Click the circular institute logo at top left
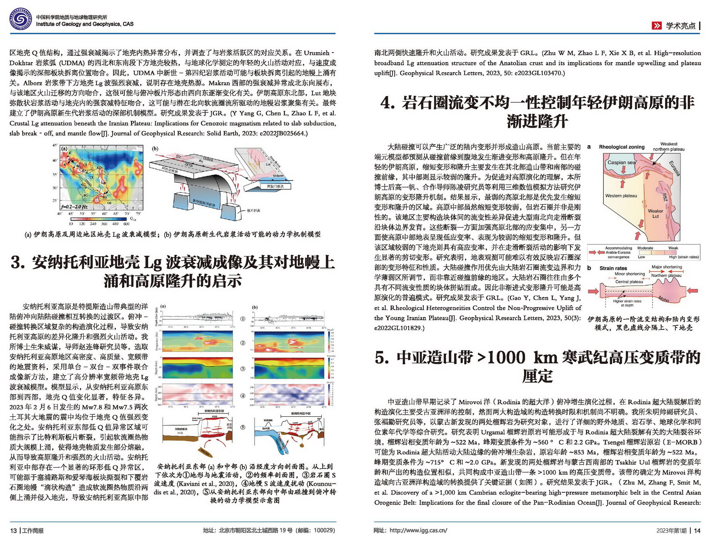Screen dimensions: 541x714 (x=20, y=20)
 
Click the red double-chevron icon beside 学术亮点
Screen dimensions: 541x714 (x=656, y=26)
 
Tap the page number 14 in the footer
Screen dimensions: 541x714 (x=697, y=531)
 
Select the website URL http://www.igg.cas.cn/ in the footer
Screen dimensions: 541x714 (x=418, y=531)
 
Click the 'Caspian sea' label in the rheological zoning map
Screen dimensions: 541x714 (x=622, y=162)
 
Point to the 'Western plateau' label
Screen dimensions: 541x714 (x=621, y=196)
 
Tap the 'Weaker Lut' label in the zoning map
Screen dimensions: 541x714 (x=655, y=214)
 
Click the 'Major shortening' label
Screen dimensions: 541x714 (x=667, y=267)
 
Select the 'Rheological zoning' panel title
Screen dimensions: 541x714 (x=622, y=147)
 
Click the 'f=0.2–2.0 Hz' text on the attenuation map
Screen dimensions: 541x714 (x=74, y=206)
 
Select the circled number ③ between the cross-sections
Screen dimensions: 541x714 (x=242, y=369)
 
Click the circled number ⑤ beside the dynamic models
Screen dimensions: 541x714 (x=242, y=427)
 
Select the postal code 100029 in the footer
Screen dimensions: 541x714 (x=324, y=531)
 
